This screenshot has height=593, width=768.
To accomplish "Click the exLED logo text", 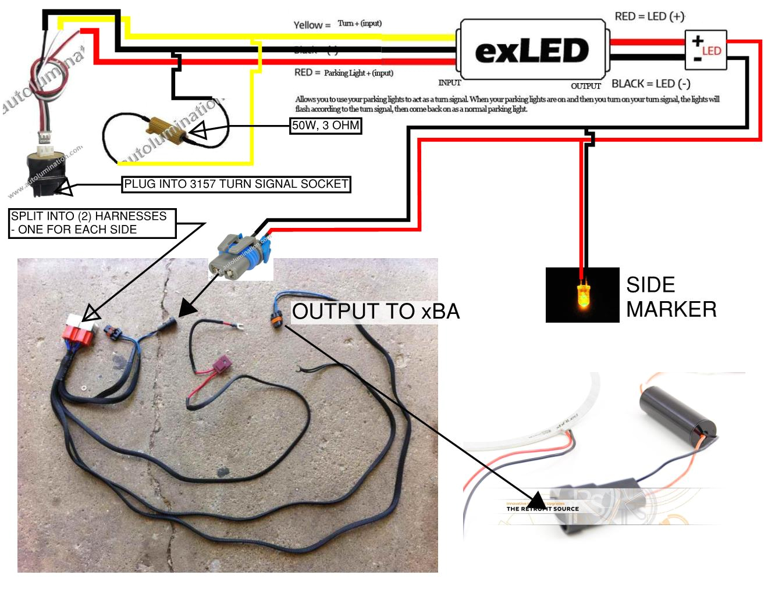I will [x=532, y=51].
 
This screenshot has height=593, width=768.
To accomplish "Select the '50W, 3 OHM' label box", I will [x=326, y=126].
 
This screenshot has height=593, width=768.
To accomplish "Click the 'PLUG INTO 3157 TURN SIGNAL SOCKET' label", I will [x=236, y=184].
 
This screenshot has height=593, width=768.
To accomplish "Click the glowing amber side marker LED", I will [x=582, y=295].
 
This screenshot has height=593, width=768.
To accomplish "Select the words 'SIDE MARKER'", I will [x=671, y=296].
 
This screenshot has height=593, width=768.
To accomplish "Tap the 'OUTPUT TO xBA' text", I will [x=376, y=312].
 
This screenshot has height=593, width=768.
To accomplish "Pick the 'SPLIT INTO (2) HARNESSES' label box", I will [x=92, y=223].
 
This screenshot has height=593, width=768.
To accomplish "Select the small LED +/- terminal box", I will [x=706, y=51].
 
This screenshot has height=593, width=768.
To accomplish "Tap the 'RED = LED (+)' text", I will [x=649, y=16].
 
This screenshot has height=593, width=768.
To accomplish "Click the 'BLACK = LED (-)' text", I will [x=650, y=84].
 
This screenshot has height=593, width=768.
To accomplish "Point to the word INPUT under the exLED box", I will [x=449, y=83].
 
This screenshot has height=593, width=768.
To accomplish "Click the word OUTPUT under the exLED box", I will [x=585, y=86].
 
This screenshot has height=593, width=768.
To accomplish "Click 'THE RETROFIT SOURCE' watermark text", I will [x=542, y=509].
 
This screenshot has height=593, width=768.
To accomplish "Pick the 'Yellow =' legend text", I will [x=312, y=25].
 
